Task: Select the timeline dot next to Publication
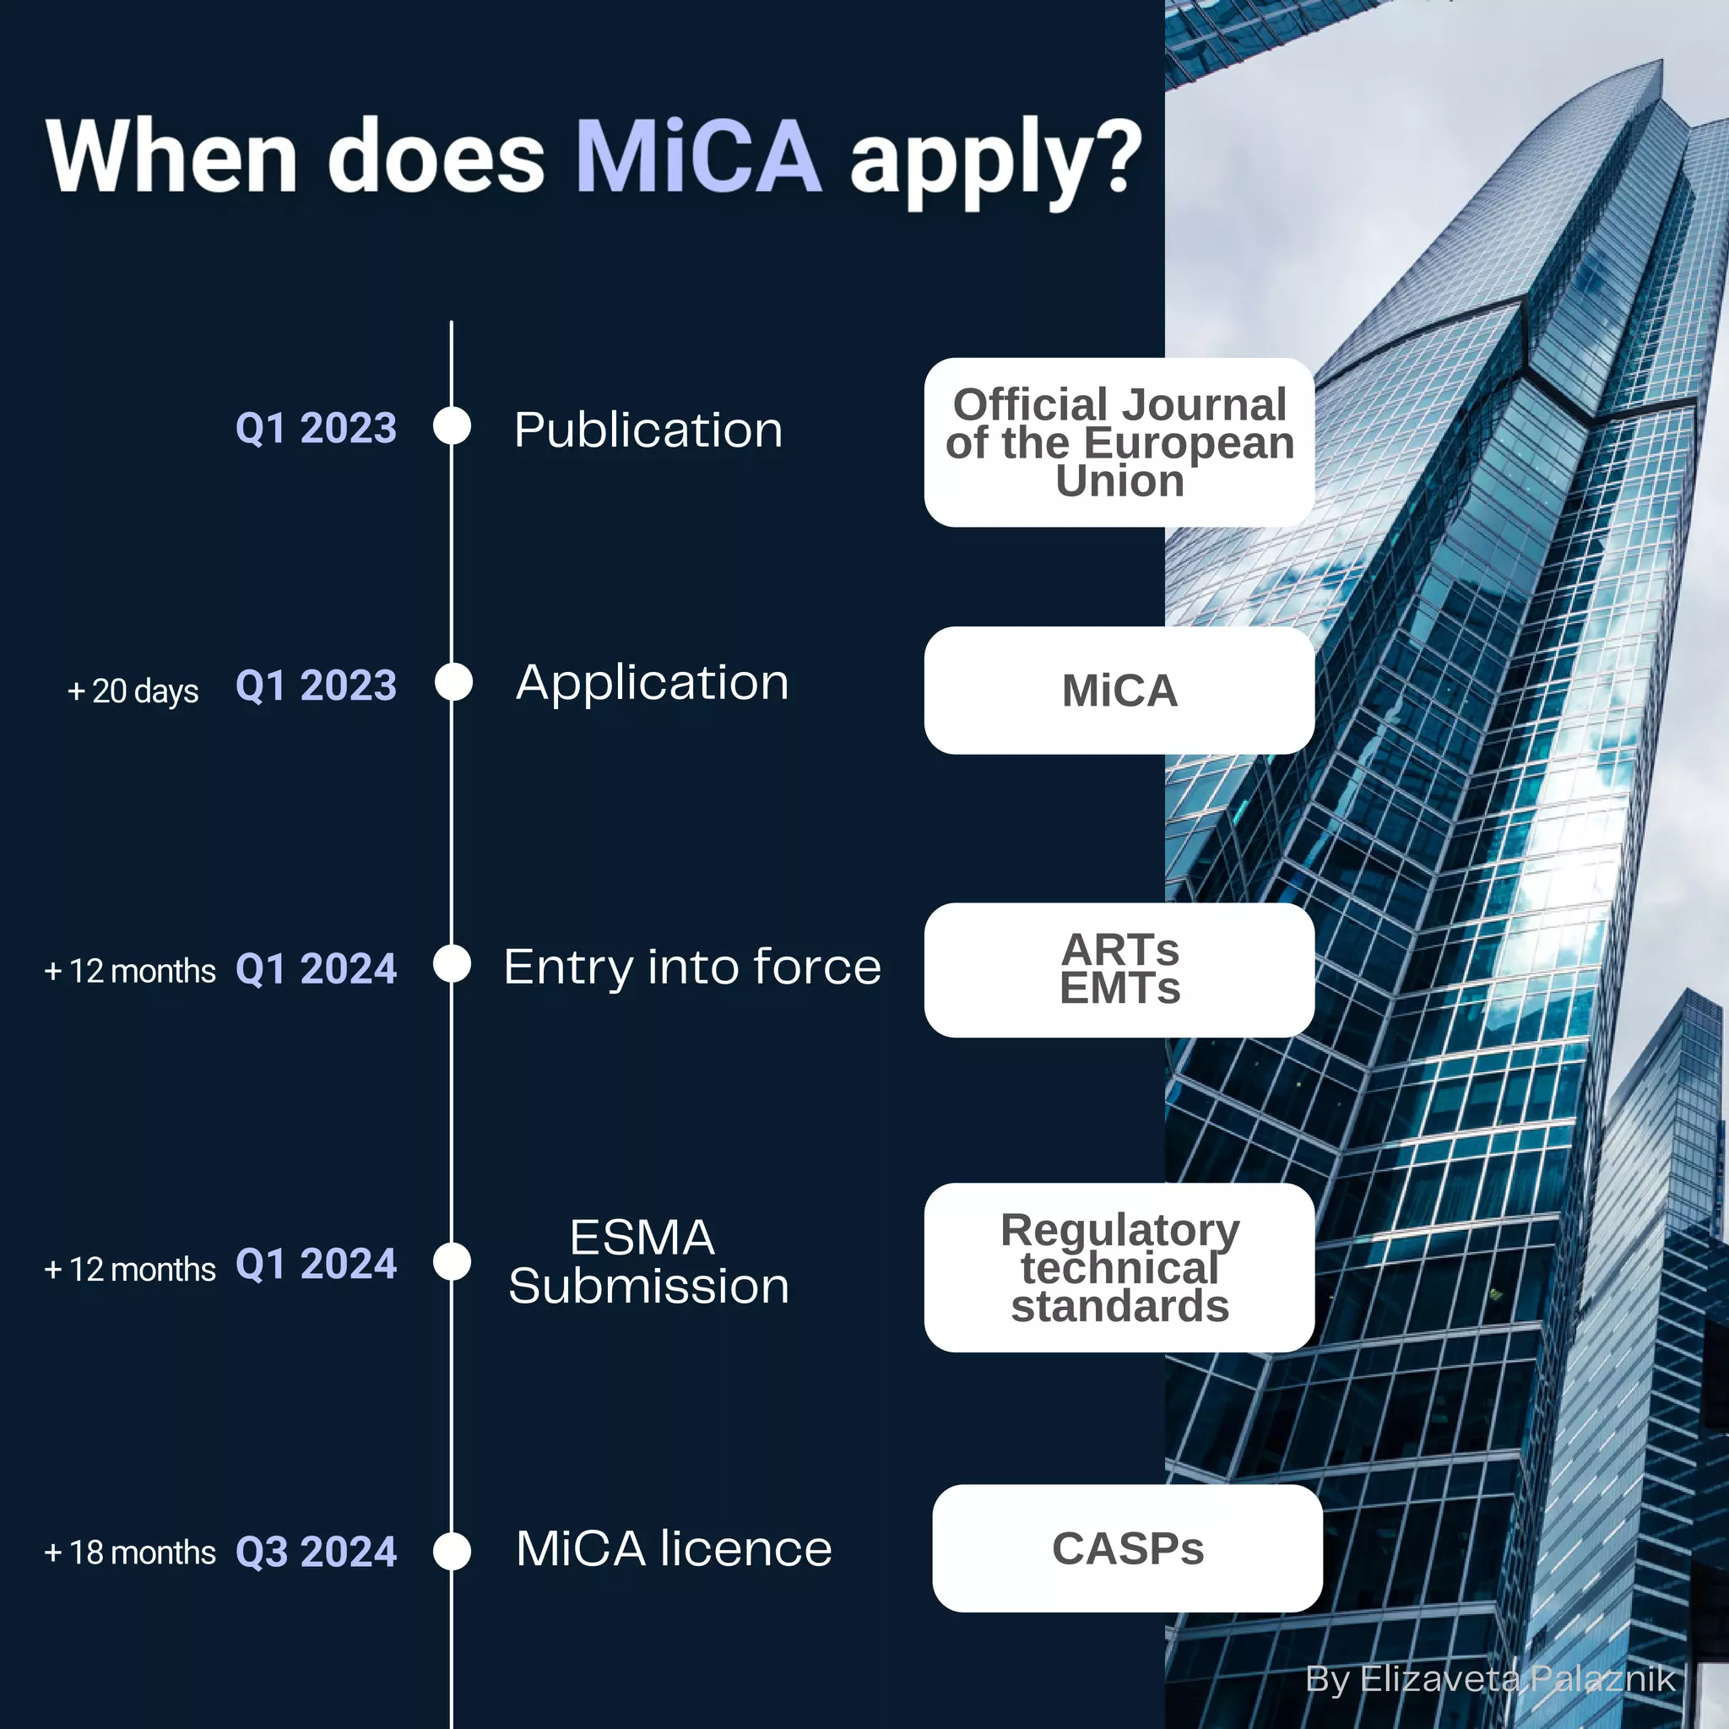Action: [x=452, y=426]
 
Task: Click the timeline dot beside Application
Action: [x=453, y=682]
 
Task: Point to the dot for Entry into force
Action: [x=452, y=964]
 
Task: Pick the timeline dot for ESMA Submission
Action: [x=452, y=1261]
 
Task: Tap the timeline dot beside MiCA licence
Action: [x=452, y=1551]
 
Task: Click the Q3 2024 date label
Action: [x=316, y=1552]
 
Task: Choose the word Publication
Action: [x=648, y=430]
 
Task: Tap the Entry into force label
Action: [x=691, y=967]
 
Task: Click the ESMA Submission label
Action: [x=648, y=1262]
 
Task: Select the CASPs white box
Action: [x=1127, y=1548]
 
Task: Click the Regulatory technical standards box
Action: [x=1119, y=1267]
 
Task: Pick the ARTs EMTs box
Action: [x=1119, y=969]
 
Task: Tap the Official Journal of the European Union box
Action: [x=1119, y=442]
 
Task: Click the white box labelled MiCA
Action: [x=1119, y=690]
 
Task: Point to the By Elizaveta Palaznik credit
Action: [x=1489, y=1679]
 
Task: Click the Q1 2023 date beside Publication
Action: [x=316, y=428]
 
